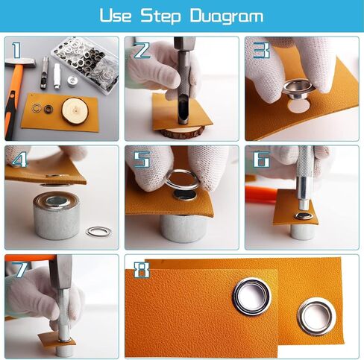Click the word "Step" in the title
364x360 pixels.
(x=160, y=16)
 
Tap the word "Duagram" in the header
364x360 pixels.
(x=227, y=17)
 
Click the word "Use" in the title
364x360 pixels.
(x=116, y=16)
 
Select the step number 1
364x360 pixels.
(x=17, y=50)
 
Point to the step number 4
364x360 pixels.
(x=19, y=159)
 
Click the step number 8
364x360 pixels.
(x=142, y=270)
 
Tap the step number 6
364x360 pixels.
(x=262, y=159)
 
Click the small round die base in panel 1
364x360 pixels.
(x=72, y=81)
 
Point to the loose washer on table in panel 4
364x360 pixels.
(x=98, y=232)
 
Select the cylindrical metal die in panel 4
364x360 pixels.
(x=57, y=215)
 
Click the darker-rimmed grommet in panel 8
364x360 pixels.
(x=252, y=297)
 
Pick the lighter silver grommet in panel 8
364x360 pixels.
(x=317, y=317)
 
